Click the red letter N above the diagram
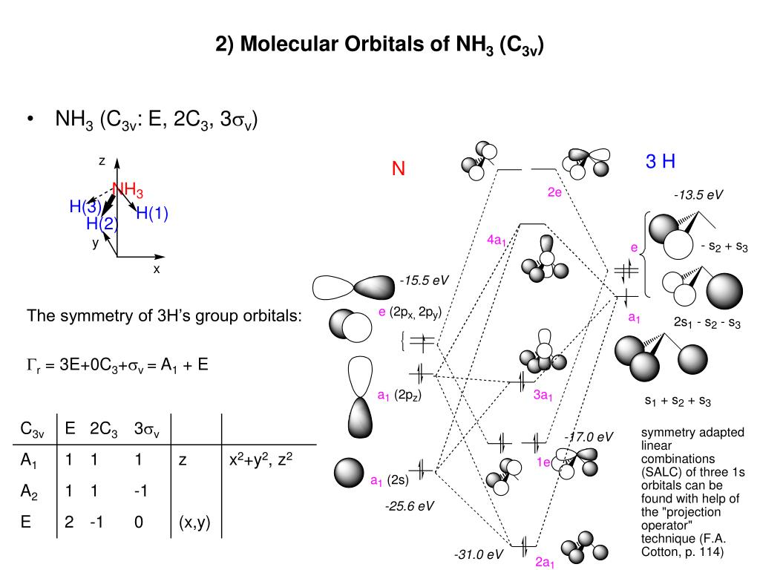tap(399, 170)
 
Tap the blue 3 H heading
tap(660, 161)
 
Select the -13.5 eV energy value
tap(698, 195)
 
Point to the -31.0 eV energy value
tap(479, 554)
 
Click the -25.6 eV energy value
tap(409, 506)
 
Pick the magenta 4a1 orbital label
tap(497, 240)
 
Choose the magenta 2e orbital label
tap(554, 192)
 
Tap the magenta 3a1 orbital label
tap(543, 396)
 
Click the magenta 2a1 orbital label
tap(546, 562)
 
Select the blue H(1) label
tap(152, 214)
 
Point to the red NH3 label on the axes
tap(128, 190)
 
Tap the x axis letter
tap(157, 269)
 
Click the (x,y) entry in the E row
tap(194, 522)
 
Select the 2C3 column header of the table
tap(104, 430)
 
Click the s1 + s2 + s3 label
tap(678, 402)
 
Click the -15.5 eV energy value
tap(424, 281)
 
